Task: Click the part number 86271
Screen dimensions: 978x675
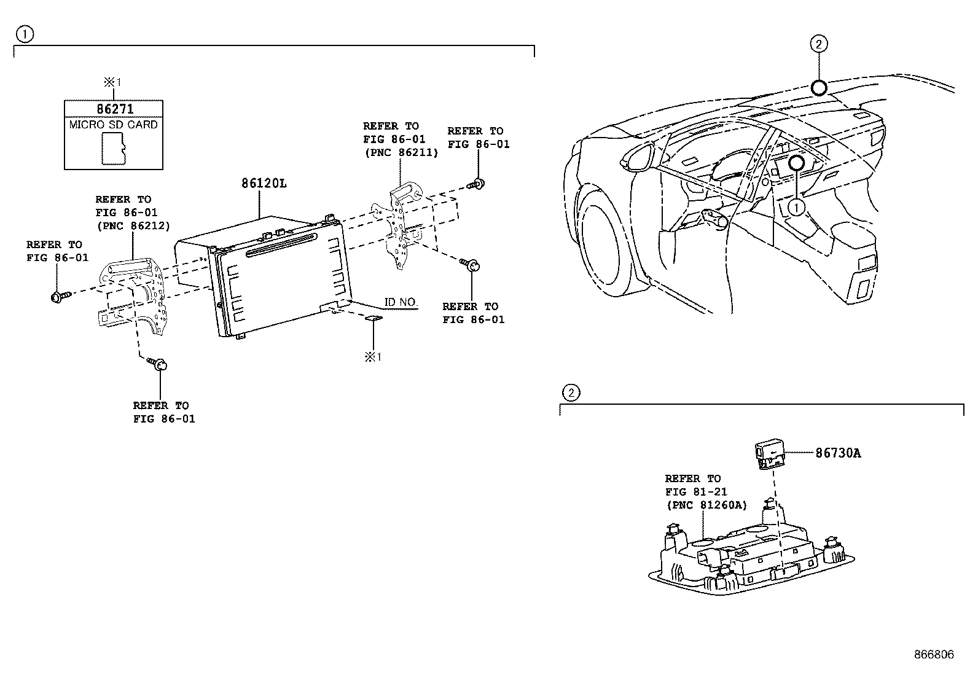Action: [115, 109]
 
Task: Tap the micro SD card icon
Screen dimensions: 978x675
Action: [114, 149]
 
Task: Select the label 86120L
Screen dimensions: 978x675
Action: [264, 184]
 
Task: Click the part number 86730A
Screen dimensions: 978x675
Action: [839, 453]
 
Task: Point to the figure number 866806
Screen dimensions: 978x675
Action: [934, 655]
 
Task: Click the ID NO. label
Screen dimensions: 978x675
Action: [401, 302]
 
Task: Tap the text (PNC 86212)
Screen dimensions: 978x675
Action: [133, 226]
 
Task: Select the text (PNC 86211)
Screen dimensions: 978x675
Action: [401, 152]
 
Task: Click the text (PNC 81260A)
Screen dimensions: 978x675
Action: [706, 505]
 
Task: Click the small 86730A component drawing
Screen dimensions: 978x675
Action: [770, 454]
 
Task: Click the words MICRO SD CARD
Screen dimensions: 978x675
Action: [114, 125]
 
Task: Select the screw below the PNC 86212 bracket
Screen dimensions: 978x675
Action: [157, 364]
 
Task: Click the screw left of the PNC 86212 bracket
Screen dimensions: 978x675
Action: [60, 297]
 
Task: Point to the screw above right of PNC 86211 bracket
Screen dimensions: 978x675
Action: [476, 184]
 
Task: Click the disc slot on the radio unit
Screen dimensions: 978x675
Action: [280, 245]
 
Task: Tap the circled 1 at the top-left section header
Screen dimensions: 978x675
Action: [25, 34]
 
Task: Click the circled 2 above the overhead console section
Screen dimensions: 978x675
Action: [571, 393]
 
